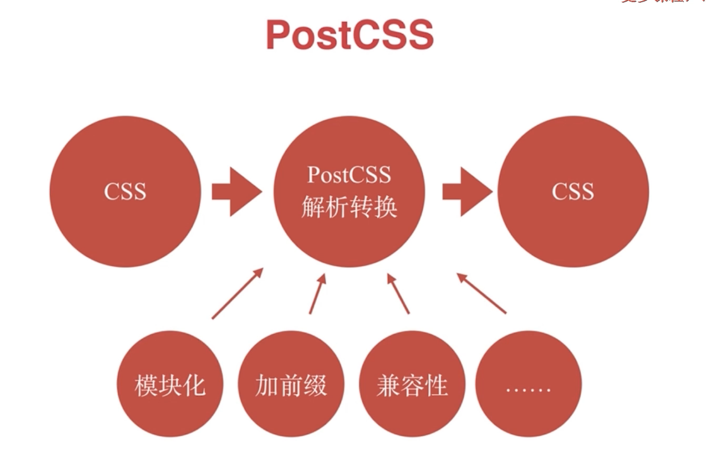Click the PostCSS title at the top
tap(350, 35)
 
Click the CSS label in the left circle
tap(125, 192)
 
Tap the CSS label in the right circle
tap(573, 192)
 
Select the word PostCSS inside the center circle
tap(349, 174)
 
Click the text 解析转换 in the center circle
tap(349, 208)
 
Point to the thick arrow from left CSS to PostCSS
tap(236, 192)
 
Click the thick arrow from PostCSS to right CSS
tap(467, 192)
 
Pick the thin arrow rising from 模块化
tap(237, 293)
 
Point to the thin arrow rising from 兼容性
tap(398, 293)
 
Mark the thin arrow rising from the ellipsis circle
tap(481, 293)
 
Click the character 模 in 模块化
tap(146, 386)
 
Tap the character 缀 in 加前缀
tap(315, 386)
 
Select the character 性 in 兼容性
tap(436, 386)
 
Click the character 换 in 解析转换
tap(386, 208)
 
